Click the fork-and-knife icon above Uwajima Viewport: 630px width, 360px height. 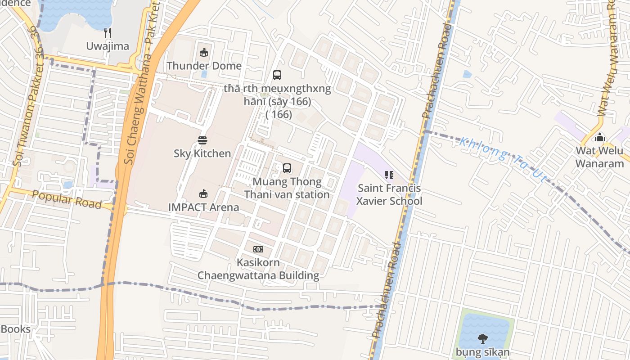[x=107, y=32]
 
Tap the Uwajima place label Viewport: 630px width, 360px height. [x=108, y=46]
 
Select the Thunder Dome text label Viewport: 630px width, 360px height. [x=204, y=66]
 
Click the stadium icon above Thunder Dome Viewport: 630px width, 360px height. [x=204, y=53]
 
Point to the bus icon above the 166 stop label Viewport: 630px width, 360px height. [x=277, y=75]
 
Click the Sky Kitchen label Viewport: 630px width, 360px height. [x=202, y=153]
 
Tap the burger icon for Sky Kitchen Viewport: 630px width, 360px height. [x=202, y=140]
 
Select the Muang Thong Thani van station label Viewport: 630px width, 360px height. [x=287, y=188]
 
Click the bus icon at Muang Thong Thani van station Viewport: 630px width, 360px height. [x=287, y=168]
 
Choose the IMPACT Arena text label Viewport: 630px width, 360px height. [x=203, y=207]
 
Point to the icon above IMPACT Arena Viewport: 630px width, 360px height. [x=203, y=194]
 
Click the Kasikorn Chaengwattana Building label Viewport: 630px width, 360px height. [x=258, y=269]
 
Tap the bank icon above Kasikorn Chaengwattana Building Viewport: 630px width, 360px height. [x=258, y=249]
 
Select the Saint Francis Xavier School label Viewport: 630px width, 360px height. [x=389, y=194]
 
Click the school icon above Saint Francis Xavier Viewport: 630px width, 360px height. [x=389, y=175]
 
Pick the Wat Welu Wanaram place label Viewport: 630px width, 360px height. [x=599, y=157]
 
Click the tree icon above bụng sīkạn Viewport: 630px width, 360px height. [x=482, y=338]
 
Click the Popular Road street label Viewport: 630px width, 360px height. [x=67, y=199]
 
